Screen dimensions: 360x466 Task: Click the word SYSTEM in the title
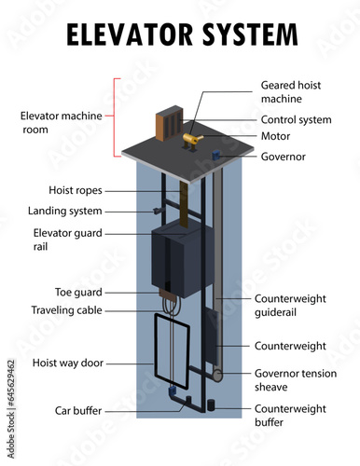pos(250,34)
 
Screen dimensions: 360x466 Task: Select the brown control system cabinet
pos(170,123)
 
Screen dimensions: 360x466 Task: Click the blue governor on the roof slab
pos(216,155)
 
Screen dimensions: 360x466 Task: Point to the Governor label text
pos(284,157)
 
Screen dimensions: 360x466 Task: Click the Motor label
pos(275,136)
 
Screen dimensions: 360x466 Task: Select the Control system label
pos(296,120)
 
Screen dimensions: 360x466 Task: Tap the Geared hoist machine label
pos(291,92)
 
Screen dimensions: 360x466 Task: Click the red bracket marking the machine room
pos(115,117)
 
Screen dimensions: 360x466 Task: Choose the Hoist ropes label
pos(76,190)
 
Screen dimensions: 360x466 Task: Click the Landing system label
pos(65,211)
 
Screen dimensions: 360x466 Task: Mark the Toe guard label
pos(78,293)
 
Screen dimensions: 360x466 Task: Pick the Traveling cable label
pos(66,310)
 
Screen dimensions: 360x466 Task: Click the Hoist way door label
pos(68,363)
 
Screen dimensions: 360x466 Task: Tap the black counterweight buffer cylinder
pos(211,405)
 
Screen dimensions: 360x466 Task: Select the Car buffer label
pos(78,411)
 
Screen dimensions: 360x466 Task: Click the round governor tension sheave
pos(217,376)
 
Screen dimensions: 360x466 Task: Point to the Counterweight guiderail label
pos(290,306)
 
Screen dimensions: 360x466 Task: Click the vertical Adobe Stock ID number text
pos(11,409)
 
